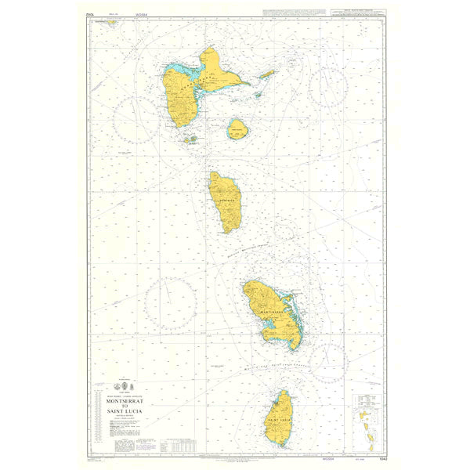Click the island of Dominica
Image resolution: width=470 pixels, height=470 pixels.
[225, 201]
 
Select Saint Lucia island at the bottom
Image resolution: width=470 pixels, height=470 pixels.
[279, 419]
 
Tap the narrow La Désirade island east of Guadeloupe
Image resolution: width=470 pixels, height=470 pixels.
[267, 75]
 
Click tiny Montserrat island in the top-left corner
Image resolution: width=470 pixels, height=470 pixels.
[112, 23]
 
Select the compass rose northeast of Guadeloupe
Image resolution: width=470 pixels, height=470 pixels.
[328, 86]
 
